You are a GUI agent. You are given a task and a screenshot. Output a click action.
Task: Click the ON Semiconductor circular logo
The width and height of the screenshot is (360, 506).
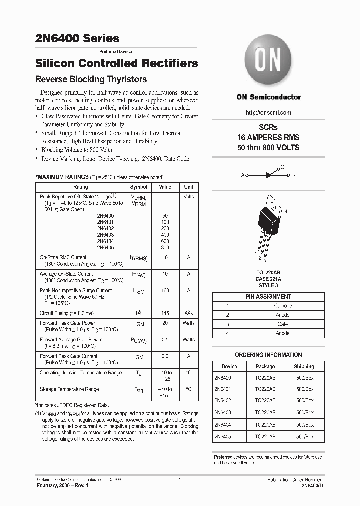[268, 62]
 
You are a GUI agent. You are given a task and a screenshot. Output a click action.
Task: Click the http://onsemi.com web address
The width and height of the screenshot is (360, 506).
[268, 113]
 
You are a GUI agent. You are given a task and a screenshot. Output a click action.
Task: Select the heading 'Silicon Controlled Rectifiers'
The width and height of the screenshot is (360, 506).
[117, 64]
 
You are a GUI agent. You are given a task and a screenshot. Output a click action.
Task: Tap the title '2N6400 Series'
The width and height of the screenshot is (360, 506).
[77, 38]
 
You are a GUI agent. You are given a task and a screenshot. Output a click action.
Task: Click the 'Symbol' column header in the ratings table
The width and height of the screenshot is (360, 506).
[138, 187]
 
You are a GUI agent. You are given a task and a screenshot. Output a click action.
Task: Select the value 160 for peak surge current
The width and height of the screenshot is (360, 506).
[165, 290]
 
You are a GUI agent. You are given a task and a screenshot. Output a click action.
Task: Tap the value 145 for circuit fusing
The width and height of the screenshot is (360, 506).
[165, 313]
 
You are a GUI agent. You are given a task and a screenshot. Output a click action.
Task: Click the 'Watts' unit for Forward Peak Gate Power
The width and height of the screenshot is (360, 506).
[189, 323]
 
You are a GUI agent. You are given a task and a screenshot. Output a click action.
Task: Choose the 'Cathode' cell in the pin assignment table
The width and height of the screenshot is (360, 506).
[283, 306]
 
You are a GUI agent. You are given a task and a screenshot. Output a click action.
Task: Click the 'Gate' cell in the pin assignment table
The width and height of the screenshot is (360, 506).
[283, 324]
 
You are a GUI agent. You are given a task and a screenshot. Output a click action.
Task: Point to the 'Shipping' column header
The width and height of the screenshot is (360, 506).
[304, 366]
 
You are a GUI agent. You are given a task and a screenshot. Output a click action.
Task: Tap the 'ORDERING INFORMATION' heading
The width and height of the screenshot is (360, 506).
[268, 355]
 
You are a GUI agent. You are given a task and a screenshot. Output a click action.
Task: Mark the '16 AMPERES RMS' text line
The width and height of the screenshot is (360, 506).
[268, 138]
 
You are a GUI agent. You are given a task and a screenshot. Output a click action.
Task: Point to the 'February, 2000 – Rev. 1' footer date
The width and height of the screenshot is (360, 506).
[63, 486]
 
